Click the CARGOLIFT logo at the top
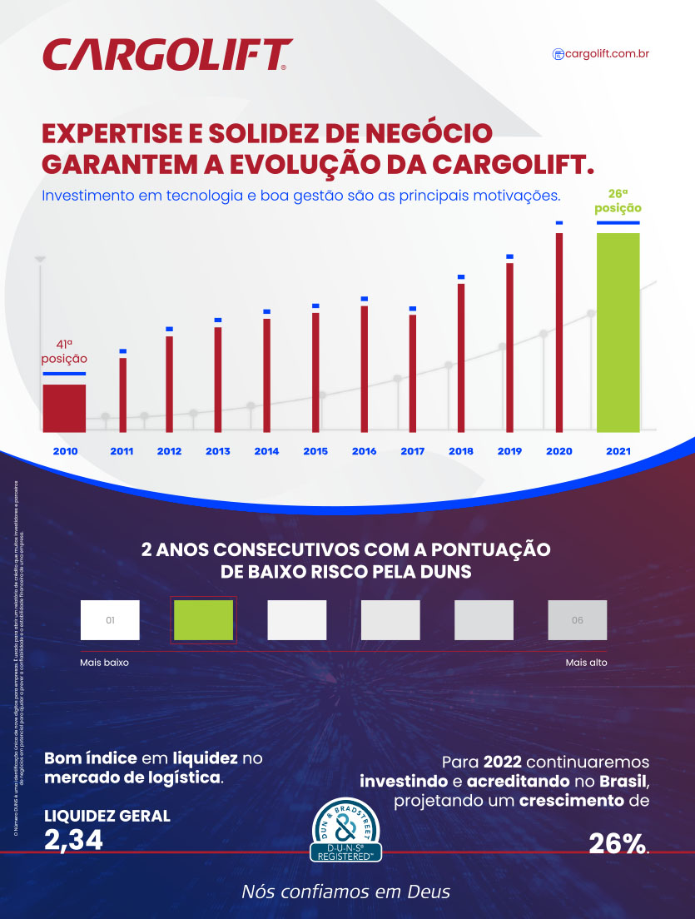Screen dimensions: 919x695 166,55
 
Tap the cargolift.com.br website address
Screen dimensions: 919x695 601,54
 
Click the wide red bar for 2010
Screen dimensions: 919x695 64,407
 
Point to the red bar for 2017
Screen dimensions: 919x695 413,372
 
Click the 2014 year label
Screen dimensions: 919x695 266,451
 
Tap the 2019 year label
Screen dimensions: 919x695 509,451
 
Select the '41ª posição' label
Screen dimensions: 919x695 64,350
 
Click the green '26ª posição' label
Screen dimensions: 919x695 618,201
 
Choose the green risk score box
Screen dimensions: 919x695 203,620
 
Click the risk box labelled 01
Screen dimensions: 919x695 110,620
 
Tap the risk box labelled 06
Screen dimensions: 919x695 577,620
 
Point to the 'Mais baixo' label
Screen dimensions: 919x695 104,663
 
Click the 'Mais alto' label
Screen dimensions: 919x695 586,663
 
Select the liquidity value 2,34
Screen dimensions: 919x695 73,839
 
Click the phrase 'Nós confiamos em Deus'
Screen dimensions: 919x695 345,892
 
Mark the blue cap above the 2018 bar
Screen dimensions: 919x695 461,276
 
